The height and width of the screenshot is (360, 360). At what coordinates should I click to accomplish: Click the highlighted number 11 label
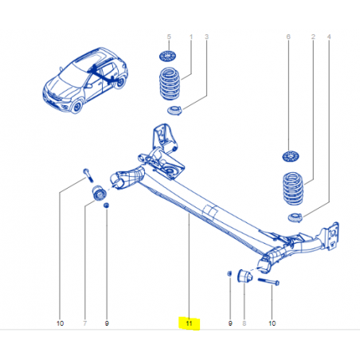189,323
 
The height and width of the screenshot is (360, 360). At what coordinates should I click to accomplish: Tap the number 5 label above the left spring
169,37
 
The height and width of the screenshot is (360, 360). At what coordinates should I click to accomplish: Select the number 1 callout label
191,37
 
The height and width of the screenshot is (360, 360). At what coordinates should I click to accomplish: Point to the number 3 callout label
206,37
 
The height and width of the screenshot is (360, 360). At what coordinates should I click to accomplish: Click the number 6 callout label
288,37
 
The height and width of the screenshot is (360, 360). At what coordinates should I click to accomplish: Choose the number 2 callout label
313,37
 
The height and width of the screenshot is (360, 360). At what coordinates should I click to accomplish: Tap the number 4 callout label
329,37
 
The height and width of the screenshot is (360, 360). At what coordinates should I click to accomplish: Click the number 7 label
85,323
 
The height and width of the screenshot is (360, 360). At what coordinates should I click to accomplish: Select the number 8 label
245,323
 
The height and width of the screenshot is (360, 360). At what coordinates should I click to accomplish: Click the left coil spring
170,84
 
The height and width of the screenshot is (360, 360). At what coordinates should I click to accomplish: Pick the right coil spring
293,189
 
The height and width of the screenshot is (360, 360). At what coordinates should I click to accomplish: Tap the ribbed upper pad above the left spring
168,57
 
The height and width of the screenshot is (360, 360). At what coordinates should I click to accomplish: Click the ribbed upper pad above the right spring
291,156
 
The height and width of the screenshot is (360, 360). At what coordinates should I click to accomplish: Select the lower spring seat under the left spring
174,110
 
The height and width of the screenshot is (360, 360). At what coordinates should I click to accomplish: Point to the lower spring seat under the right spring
295,217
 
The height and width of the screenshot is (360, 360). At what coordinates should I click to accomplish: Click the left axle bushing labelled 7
99,193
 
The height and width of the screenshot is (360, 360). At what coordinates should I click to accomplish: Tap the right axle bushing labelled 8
245,276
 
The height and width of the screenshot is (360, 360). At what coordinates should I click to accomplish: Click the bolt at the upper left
88,175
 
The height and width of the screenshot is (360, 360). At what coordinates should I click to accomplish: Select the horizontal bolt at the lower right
268,281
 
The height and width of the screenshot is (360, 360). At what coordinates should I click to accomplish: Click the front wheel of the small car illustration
77,106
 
